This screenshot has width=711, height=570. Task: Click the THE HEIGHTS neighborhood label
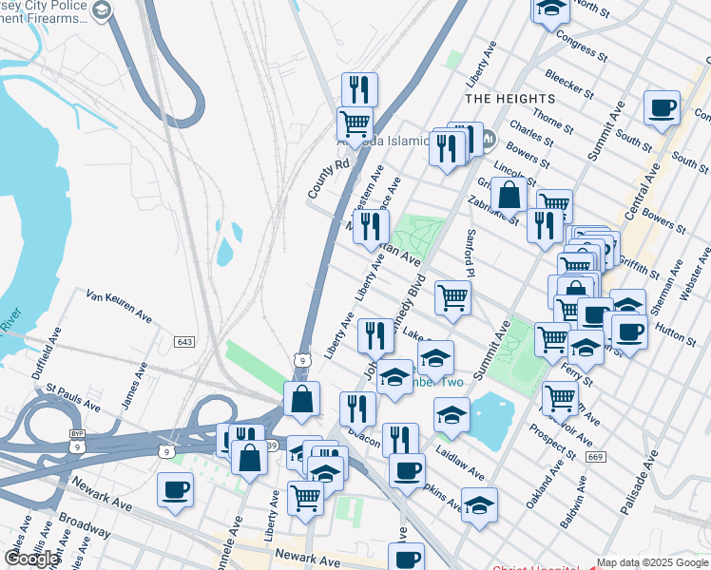point(509,99)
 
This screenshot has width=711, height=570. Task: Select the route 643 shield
point(184,341)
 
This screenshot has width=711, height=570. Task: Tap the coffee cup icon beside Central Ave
point(662,108)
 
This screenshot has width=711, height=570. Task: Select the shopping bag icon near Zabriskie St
point(509,195)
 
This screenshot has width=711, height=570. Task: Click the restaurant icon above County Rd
point(359,90)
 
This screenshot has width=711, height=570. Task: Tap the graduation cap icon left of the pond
point(452,415)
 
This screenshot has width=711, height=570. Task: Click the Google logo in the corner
point(31,559)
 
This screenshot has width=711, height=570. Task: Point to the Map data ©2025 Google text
point(652,562)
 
